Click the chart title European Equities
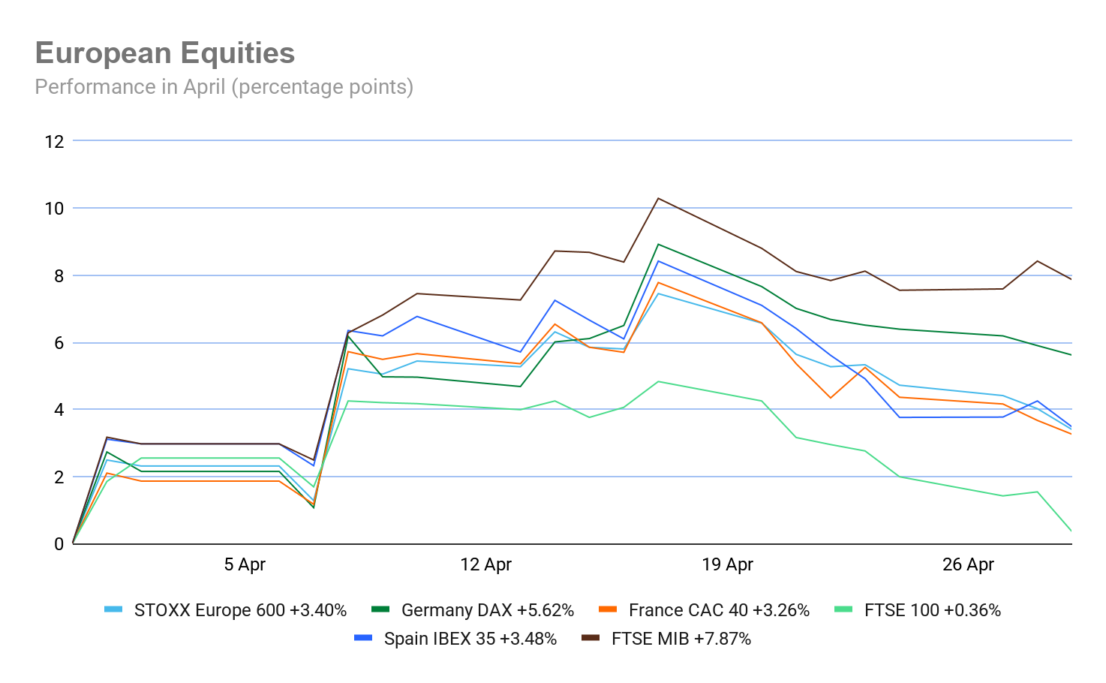pyautogui.click(x=165, y=54)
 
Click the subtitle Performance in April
pyautogui.click(x=224, y=87)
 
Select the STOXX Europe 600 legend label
pyautogui.click(x=240, y=610)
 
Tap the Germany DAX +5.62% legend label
pyautogui.click(x=488, y=610)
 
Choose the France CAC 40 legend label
pyautogui.click(x=719, y=610)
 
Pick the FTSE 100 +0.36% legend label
pyautogui.click(x=933, y=610)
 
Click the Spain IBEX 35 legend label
pyautogui.click(x=470, y=639)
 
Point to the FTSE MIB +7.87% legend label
pyautogui.click(x=681, y=639)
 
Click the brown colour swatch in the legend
pyautogui.click(x=591, y=639)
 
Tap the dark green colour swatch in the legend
pyautogui.click(x=380, y=610)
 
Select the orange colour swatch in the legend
pyautogui.click(x=608, y=610)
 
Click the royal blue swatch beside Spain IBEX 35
pyautogui.click(x=363, y=639)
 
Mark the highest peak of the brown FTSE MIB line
pyautogui.click(x=658, y=198)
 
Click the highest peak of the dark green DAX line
pyautogui.click(x=658, y=244)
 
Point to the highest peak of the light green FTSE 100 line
pyautogui.click(x=658, y=381)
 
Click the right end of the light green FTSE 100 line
pyautogui.click(x=1071, y=531)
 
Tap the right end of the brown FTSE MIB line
pyautogui.click(x=1071, y=279)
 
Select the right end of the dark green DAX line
pyautogui.click(x=1071, y=354)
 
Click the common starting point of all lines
pyautogui.click(x=73, y=543)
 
